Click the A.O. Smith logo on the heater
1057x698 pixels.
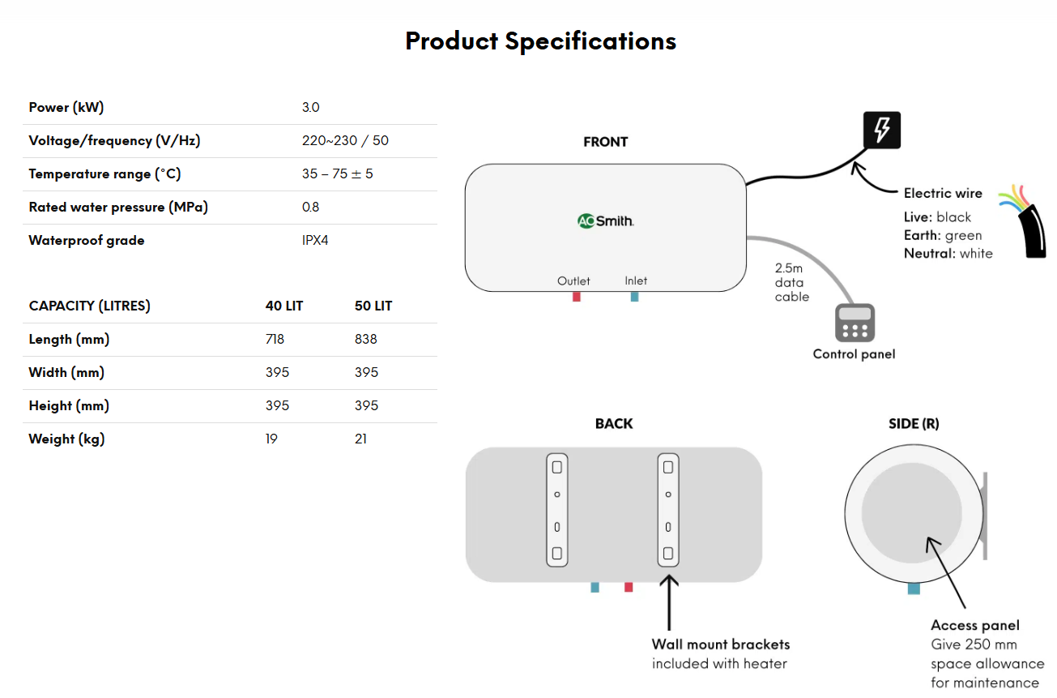(605, 221)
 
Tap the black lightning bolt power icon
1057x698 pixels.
(881, 131)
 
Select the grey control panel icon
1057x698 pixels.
(855, 323)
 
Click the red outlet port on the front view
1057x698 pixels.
(577, 297)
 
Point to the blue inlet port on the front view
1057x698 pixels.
(635, 297)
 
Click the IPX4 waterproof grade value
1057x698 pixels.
(315, 241)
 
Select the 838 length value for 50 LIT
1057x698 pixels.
(365, 340)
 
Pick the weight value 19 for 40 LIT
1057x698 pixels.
(271, 439)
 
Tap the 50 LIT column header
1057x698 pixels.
(373, 306)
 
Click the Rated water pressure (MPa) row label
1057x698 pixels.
(118, 208)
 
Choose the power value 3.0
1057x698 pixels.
(310, 108)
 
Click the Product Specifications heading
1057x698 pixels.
(540, 41)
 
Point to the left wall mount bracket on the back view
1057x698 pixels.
(556, 510)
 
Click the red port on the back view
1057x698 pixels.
(629, 587)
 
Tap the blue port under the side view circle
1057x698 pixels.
(914, 589)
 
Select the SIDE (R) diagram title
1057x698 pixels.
(914, 424)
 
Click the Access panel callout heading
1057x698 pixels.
(974, 625)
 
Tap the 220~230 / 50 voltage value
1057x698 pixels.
(345, 141)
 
